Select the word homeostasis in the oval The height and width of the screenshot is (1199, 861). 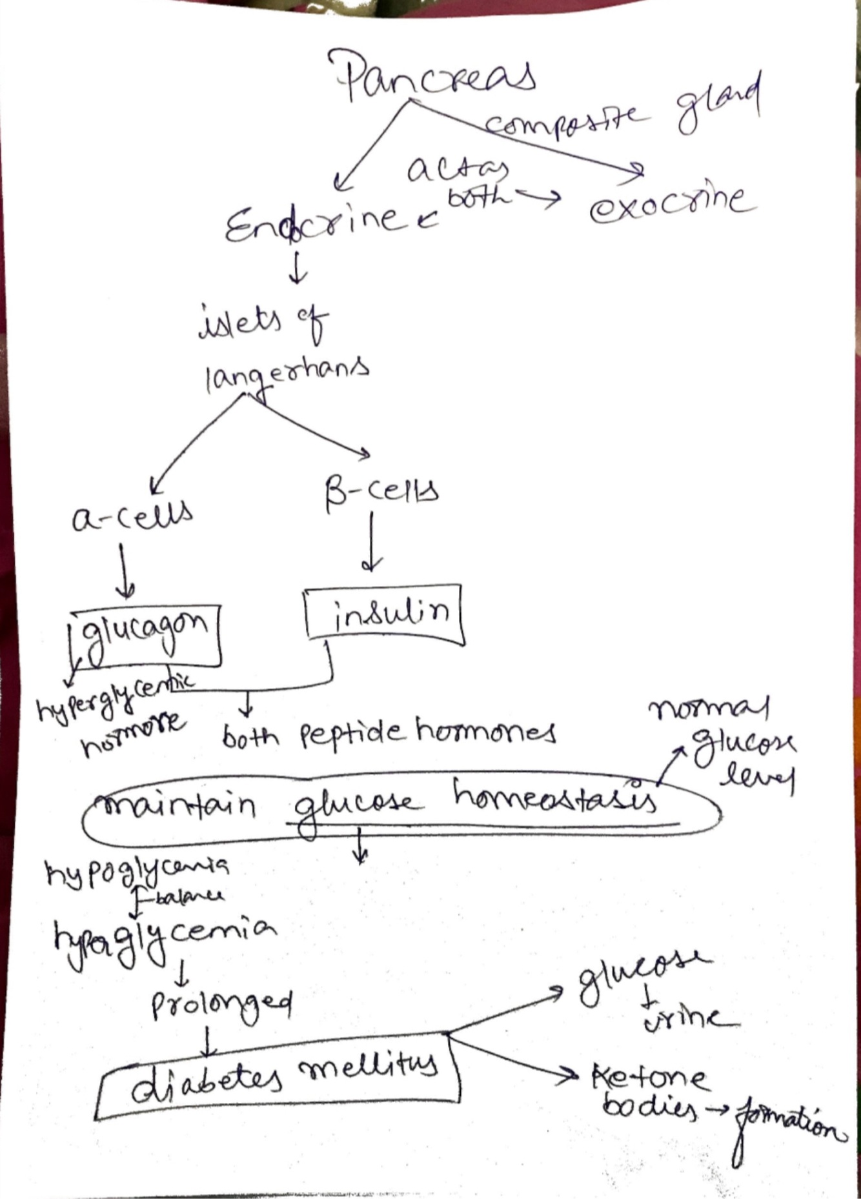(x=555, y=798)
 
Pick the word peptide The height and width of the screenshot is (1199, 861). (x=351, y=735)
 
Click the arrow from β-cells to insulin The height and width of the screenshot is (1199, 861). (x=371, y=541)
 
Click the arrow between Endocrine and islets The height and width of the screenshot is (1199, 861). (x=298, y=272)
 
